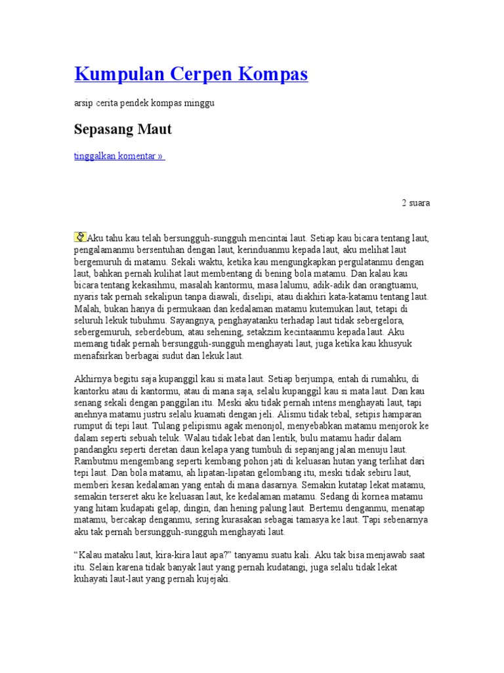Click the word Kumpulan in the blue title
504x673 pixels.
112,74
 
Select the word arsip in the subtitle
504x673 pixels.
82,103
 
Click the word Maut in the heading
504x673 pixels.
154,129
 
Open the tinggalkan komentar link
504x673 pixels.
119,156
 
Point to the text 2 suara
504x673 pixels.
416,203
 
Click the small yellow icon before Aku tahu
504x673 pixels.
80,236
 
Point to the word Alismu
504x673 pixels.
295,415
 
